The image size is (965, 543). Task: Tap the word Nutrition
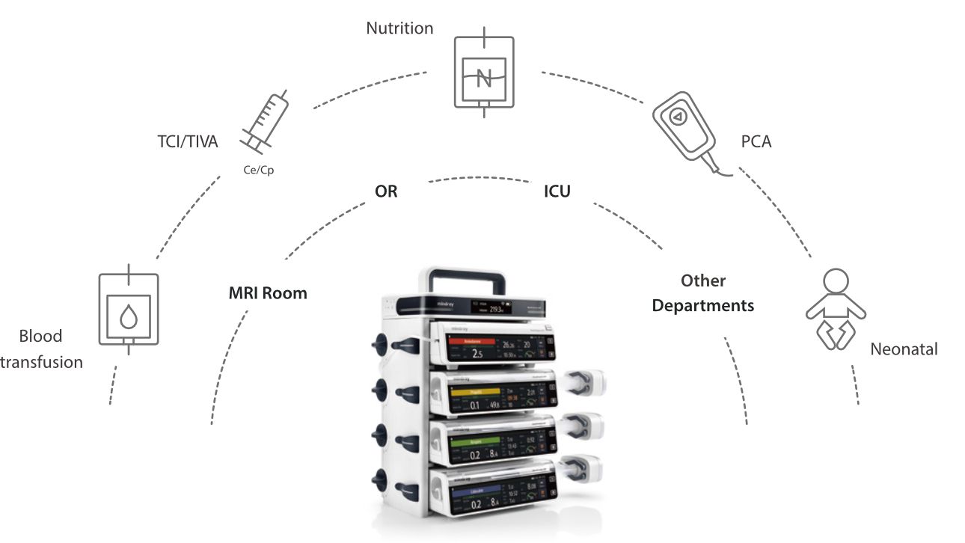(399, 28)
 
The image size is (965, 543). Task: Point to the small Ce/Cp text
(259, 170)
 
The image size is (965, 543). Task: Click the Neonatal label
(904, 349)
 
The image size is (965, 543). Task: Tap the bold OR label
(386, 191)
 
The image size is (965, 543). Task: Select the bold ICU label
(557, 191)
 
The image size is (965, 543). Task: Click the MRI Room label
(268, 293)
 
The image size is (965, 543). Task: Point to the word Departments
(703, 306)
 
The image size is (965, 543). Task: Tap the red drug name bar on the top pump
(473, 340)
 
